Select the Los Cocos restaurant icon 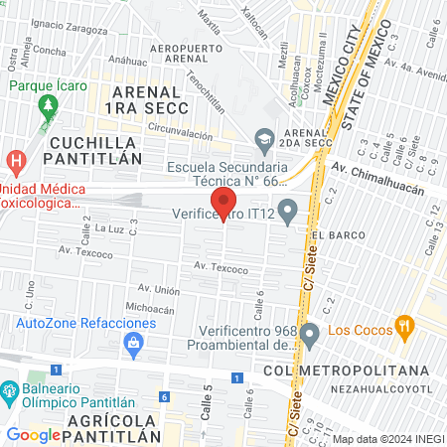coord(403,325)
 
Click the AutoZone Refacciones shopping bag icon coord(133,342)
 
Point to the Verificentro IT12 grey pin coord(288,211)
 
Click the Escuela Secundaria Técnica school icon coord(264,139)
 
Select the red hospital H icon coord(15,160)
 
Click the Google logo coord(34,434)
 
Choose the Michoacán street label coord(151,310)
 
